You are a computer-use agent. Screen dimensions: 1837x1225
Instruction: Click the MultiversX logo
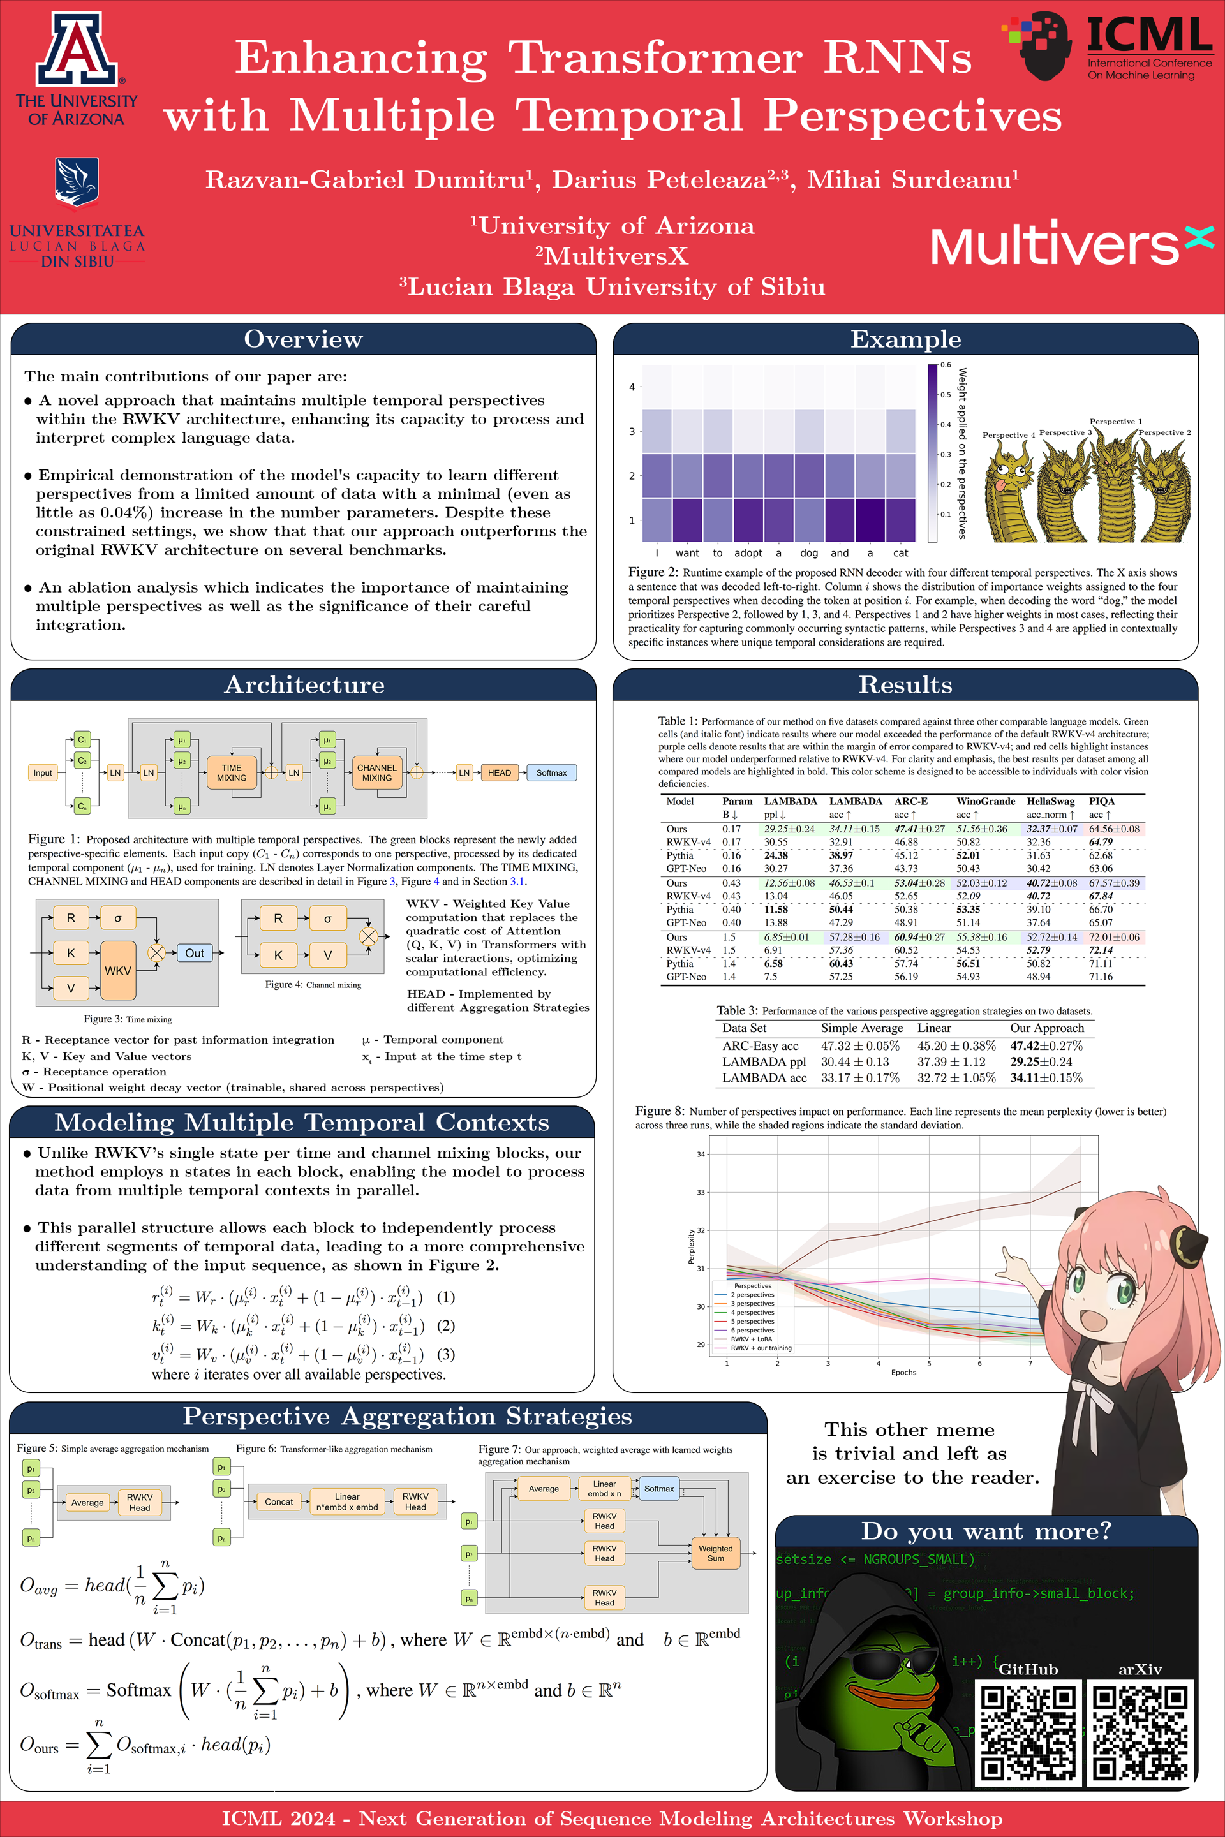point(1071,244)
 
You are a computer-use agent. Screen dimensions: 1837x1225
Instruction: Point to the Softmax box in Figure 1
point(551,772)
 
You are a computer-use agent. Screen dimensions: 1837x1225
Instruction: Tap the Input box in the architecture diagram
point(42,772)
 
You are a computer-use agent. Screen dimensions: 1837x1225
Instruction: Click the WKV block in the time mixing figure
point(118,970)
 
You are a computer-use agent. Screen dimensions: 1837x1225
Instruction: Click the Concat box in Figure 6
point(278,1501)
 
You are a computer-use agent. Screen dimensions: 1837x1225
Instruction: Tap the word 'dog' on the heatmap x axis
point(808,553)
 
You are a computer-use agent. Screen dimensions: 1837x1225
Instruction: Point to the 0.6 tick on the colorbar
point(946,365)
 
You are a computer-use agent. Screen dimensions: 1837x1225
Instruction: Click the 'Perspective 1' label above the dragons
point(1116,421)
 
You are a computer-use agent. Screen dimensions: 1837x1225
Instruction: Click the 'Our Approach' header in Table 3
point(1047,1028)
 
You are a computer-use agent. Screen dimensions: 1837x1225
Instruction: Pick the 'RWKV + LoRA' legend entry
point(751,1339)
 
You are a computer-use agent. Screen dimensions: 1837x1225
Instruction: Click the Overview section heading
point(303,339)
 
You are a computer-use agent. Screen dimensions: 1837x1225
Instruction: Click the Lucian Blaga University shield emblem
point(77,182)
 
